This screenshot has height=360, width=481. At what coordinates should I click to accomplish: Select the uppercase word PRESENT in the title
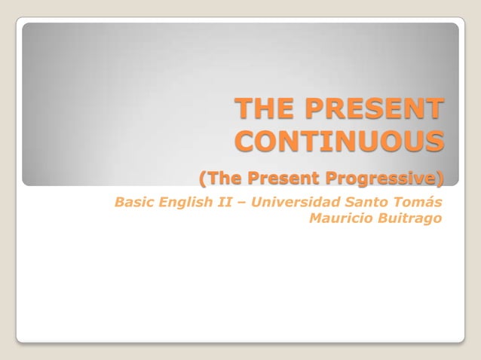click(372, 110)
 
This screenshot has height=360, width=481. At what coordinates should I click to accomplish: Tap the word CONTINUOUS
click(339, 142)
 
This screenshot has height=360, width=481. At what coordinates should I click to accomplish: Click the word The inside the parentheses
click(224, 178)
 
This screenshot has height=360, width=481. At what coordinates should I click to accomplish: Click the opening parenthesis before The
click(202, 178)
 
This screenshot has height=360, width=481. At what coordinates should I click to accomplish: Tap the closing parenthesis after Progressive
click(440, 178)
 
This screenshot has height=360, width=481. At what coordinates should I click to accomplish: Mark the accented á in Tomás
click(428, 203)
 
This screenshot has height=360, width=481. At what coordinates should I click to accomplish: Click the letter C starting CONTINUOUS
click(247, 142)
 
